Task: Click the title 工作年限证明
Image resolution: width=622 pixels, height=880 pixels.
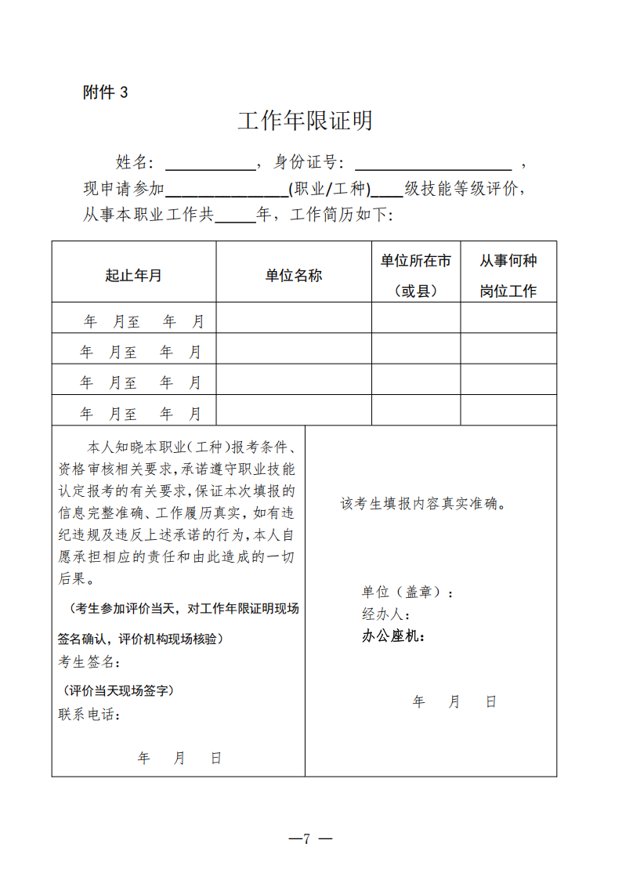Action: click(x=305, y=121)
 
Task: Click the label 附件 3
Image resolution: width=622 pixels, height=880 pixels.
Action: click(x=105, y=92)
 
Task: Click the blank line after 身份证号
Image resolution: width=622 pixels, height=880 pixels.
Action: click(x=433, y=164)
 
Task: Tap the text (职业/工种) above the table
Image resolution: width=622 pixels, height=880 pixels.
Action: click(x=329, y=189)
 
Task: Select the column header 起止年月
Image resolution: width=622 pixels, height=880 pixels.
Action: click(x=134, y=275)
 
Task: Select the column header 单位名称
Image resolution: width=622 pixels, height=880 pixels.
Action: click(x=293, y=275)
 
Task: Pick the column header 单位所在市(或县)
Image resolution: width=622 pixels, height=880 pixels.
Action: click(x=415, y=275)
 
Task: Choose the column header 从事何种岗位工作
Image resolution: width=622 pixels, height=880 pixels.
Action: click(x=508, y=275)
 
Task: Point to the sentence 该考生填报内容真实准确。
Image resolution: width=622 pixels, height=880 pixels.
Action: click(x=423, y=504)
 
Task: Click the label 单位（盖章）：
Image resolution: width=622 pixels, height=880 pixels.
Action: click(x=407, y=593)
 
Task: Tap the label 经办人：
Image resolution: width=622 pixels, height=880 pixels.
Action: click(x=386, y=614)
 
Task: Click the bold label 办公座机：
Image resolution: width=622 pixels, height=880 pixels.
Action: click(x=393, y=636)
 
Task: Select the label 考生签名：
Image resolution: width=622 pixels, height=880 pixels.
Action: click(x=89, y=662)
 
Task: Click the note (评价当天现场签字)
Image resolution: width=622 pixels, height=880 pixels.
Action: click(x=119, y=690)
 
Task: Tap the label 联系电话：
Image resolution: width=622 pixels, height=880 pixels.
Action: click(x=89, y=715)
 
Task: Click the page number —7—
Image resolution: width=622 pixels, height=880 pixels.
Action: click(x=310, y=838)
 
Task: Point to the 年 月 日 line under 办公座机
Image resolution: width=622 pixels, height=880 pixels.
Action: click(x=454, y=702)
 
